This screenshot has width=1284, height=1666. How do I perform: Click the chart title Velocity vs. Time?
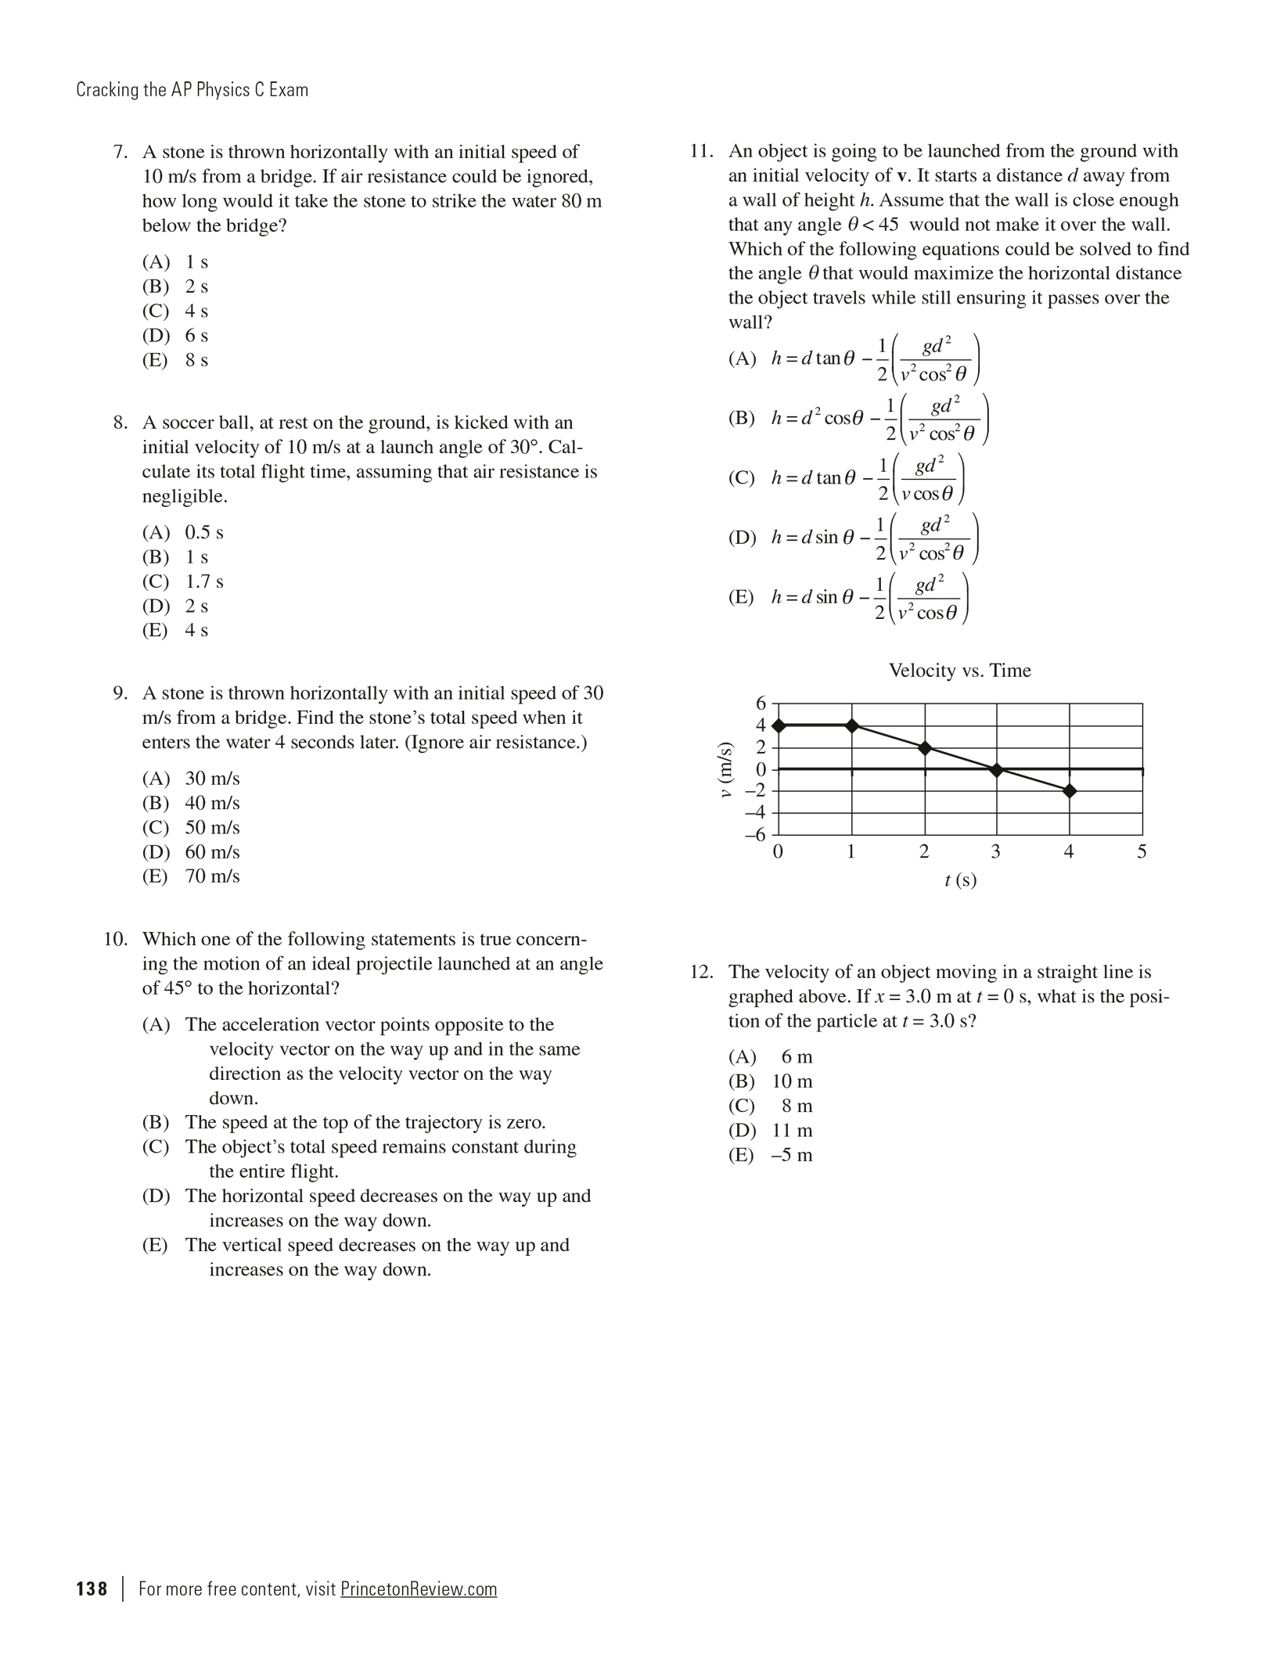[959, 671]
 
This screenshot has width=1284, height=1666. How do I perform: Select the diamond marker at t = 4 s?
[1070, 791]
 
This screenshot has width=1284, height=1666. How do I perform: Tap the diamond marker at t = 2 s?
[925, 748]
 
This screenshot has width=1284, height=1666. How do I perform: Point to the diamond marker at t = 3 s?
[996, 770]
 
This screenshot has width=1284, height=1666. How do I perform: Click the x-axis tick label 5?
[1142, 852]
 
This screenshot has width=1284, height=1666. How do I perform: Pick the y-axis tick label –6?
[756, 834]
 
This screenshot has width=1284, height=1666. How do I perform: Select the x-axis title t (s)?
[960, 880]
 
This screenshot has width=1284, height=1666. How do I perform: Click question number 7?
[120, 152]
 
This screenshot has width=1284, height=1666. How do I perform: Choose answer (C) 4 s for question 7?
[175, 311]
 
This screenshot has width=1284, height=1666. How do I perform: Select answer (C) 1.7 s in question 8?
[182, 582]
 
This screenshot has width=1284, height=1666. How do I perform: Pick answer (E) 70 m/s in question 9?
[191, 876]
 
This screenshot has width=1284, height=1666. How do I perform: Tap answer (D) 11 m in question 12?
[771, 1131]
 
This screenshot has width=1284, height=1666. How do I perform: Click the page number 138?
[92, 1589]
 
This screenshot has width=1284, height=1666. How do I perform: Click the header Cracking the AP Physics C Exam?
[192, 90]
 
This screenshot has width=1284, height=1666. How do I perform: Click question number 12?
[702, 973]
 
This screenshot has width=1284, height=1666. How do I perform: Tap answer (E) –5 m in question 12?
[771, 1156]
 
